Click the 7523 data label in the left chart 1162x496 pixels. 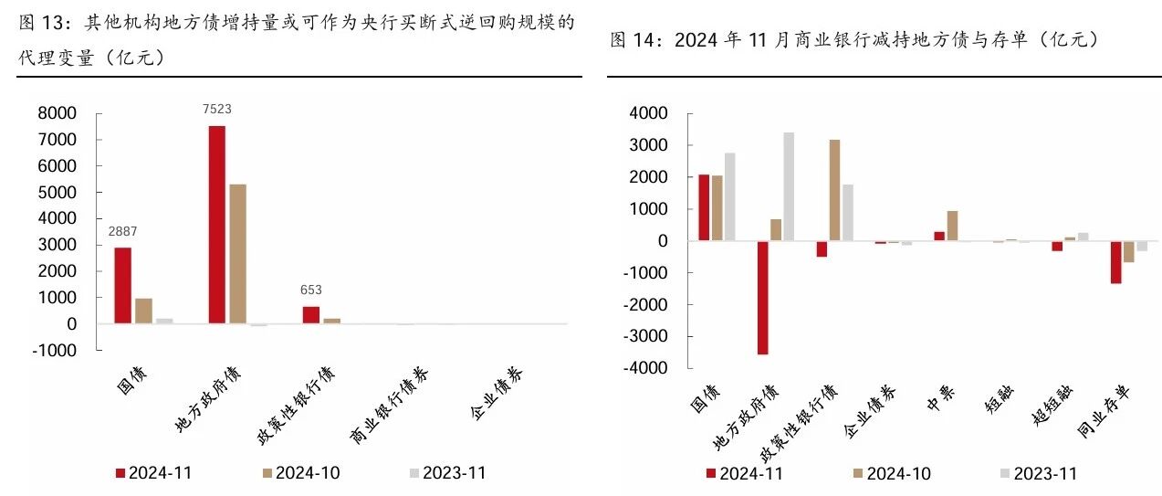217,109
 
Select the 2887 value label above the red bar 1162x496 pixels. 122,231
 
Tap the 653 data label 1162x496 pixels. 311,290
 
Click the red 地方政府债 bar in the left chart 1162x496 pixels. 217,225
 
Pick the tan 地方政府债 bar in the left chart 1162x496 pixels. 238,254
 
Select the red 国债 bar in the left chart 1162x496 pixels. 123,286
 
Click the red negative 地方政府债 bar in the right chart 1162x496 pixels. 762,298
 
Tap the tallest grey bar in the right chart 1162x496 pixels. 789,186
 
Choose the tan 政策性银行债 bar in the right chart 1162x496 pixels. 834,190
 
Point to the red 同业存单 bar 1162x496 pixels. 1115,262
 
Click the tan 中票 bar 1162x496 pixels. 952,226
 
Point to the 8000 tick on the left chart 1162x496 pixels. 58,113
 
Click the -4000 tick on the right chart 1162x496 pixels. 645,368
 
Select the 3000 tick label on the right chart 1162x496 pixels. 648,145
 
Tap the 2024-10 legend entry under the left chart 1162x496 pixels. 301,473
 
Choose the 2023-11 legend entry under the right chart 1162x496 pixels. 1039,474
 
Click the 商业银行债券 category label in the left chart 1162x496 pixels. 390,406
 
